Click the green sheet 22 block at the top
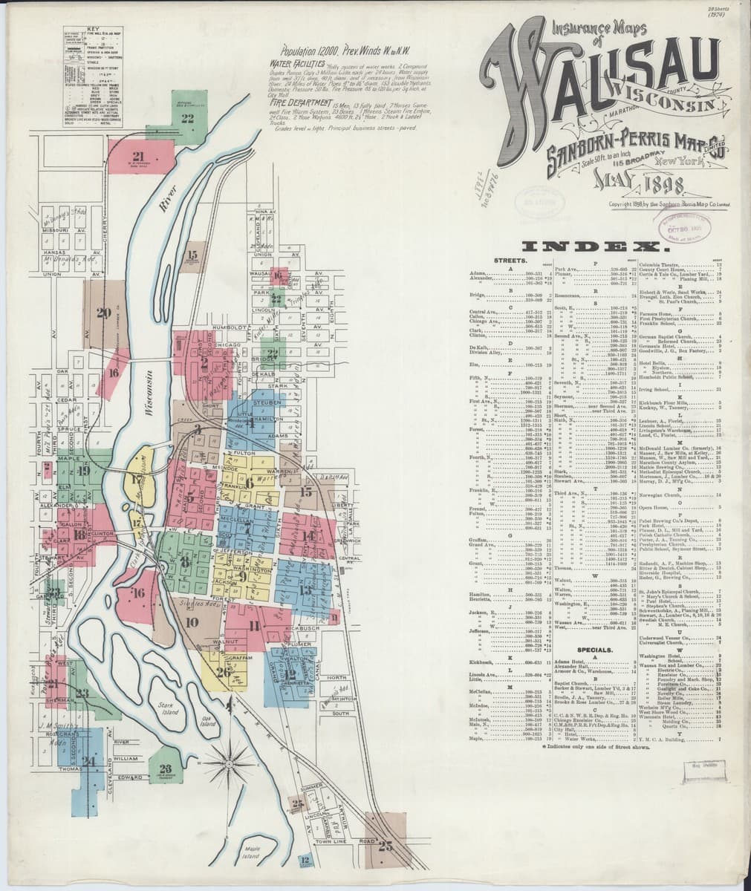[187, 117]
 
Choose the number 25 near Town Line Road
[385, 845]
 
